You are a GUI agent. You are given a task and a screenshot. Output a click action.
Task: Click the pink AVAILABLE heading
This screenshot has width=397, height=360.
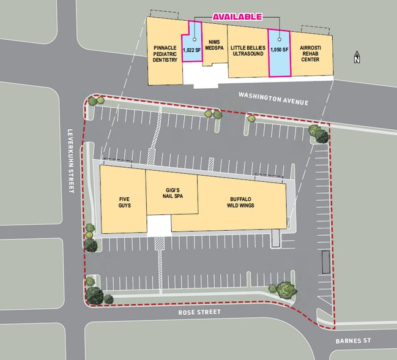click(237, 17)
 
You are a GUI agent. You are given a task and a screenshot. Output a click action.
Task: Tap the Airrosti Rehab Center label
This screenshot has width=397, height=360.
click(310, 53)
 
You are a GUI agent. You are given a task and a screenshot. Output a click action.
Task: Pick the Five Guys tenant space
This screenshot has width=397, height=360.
click(122, 202)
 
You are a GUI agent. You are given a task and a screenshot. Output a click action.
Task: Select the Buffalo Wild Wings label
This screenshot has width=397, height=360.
click(242, 202)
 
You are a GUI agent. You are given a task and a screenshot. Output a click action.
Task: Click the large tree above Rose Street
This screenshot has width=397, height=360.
click(285, 290)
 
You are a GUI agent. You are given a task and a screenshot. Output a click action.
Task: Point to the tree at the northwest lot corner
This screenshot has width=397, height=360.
click(94, 101)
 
